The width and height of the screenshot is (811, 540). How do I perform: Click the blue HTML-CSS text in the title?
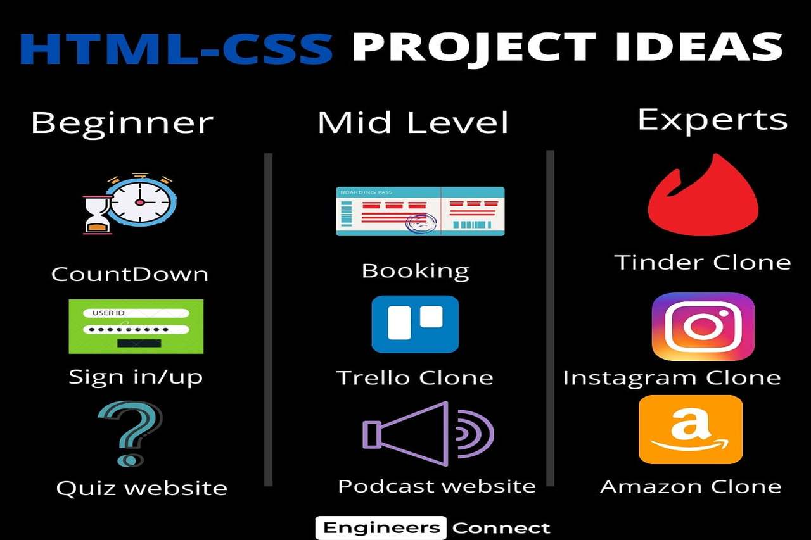[176, 49]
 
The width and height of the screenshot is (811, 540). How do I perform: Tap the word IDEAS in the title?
[699, 47]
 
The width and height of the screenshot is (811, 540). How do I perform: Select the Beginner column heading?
[122, 123]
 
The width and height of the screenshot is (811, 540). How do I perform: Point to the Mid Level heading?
[413, 123]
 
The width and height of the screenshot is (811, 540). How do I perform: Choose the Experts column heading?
[713, 120]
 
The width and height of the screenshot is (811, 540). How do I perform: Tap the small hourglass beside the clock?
[97, 215]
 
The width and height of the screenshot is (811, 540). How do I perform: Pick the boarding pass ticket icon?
[420, 211]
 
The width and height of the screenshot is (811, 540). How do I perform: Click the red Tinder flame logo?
[703, 196]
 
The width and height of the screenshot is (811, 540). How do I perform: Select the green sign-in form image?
[136, 326]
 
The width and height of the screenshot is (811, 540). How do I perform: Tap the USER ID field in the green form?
[136, 313]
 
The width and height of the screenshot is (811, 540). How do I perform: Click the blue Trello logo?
[415, 324]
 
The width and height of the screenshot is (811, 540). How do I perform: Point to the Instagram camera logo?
[703, 327]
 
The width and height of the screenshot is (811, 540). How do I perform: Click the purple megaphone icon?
[428, 433]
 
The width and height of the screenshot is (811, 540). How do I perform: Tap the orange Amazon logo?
[691, 429]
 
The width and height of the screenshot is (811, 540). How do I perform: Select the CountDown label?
[130, 274]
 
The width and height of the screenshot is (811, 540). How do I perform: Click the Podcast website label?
[437, 486]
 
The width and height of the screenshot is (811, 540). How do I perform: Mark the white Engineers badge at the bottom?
[381, 528]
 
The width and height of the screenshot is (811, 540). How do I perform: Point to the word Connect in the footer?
[501, 528]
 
